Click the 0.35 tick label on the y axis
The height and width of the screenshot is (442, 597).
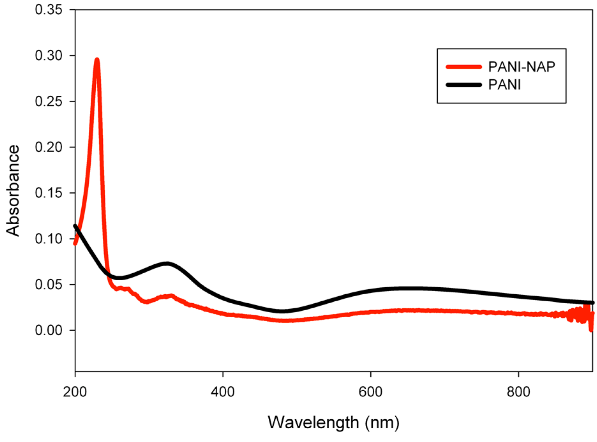pos(49,10)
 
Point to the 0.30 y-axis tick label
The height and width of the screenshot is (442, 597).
pos(49,55)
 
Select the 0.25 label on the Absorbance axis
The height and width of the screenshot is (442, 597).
pos(49,101)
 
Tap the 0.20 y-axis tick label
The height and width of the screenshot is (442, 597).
pos(49,147)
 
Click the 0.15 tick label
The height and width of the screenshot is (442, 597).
pos(49,193)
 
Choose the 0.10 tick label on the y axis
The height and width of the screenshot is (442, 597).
pos(49,239)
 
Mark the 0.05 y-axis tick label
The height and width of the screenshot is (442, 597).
pos(49,284)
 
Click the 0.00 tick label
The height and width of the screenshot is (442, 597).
pos(49,330)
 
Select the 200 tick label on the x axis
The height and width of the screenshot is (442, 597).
pos(75,392)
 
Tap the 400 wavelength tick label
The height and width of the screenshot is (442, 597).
pos(223,392)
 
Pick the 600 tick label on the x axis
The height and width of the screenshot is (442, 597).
pos(370,392)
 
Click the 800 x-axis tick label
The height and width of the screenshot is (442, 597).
pos(518,392)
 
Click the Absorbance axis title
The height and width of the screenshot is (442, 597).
pos(13,191)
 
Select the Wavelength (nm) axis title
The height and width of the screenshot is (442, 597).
pos(333,423)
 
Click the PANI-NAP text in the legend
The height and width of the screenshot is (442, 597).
pos(521,67)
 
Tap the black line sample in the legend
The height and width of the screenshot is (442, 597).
pos(464,85)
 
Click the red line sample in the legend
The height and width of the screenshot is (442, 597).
pos(464,67)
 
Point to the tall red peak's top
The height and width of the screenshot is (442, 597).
pos(97,60)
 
